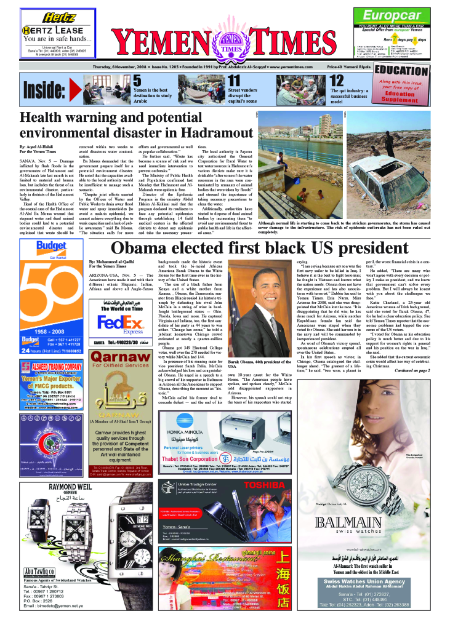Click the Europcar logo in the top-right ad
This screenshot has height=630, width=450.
392,16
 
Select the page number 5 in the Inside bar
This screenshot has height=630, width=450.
137,80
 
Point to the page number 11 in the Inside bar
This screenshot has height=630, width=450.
235,80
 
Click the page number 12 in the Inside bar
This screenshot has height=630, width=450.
337,81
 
